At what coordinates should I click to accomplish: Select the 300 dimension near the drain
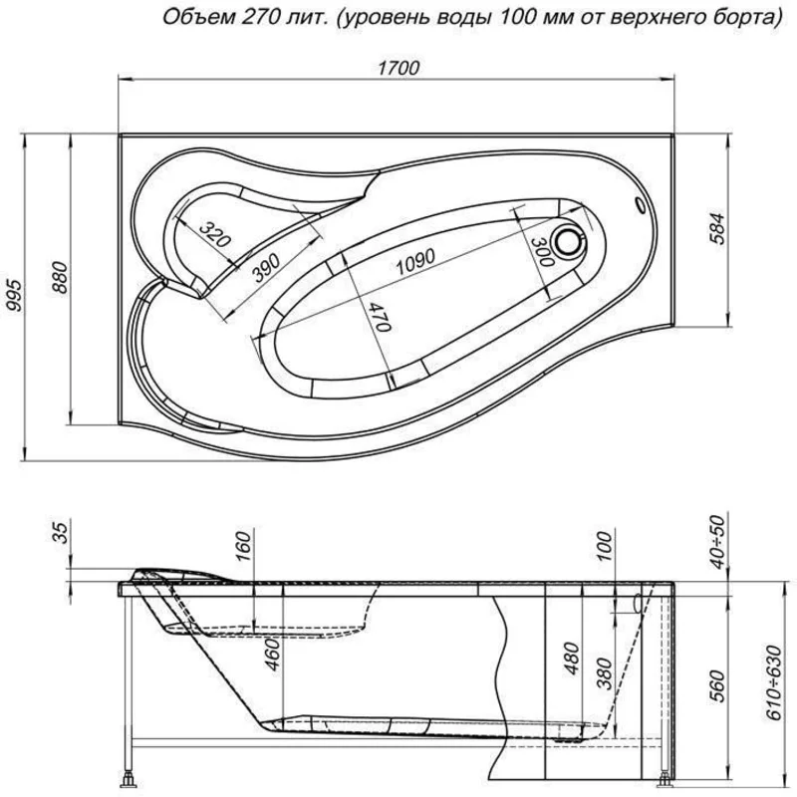pyautogui.click(x=539, y=253)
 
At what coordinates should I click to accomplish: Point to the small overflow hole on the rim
pyautogui.click(x=640, y=206)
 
